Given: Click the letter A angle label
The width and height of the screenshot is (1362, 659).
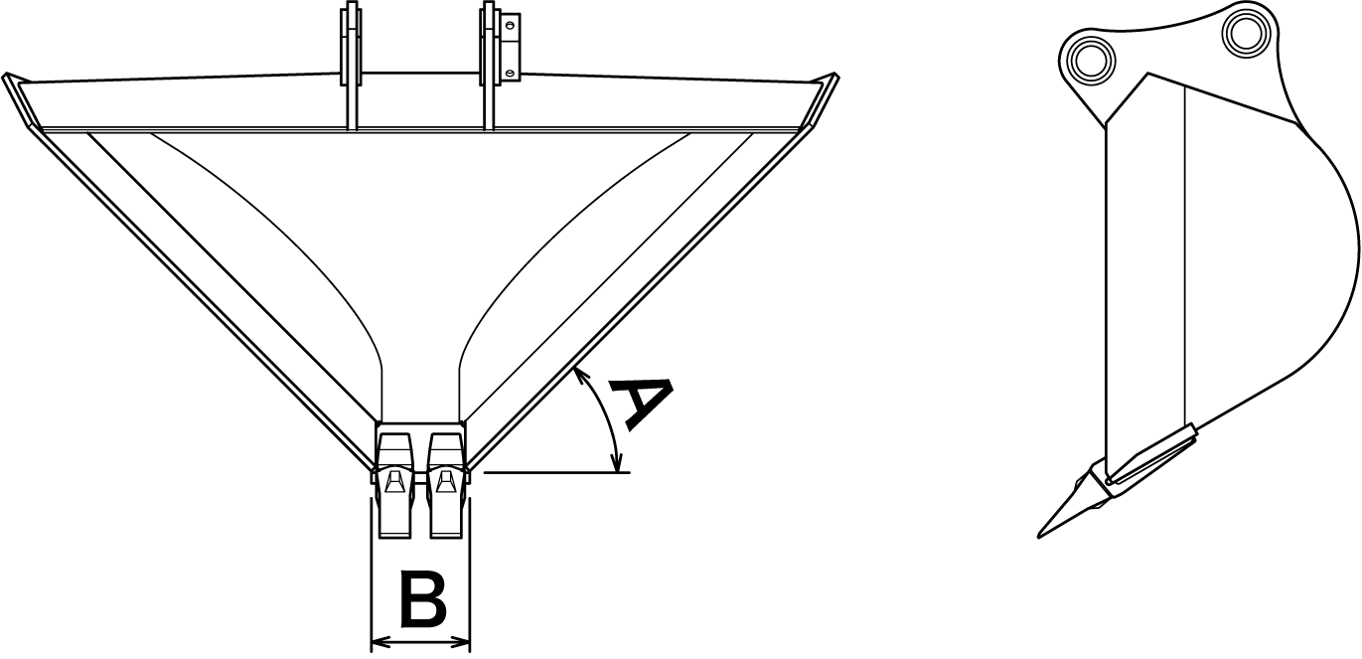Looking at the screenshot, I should pos(635,402).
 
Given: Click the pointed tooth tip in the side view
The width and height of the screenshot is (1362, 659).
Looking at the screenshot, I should pos(1042,534).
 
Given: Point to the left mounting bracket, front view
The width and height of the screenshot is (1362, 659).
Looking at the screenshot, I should pos(350,65).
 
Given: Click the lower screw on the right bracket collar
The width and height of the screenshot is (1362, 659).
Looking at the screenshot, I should pos(510,71).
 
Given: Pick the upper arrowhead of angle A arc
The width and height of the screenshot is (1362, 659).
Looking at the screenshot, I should pos(578,372).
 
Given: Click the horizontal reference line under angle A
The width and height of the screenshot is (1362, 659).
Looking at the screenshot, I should pos(556,473).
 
